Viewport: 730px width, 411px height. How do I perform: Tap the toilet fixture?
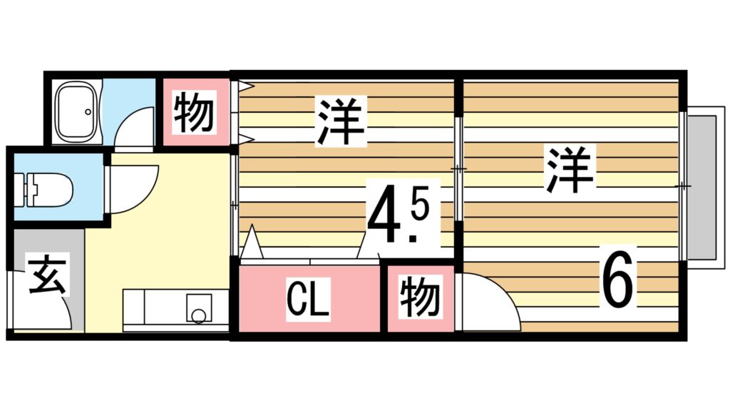coord(50,191)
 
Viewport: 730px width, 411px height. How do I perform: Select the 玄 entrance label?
coord(48,278)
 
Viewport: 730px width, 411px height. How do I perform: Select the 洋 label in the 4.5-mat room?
coord(341,121)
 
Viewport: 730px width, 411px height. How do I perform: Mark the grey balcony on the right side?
coord(704,187)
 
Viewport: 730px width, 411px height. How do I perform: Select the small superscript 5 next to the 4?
coord(419,208)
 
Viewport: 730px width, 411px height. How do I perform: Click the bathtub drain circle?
coord(88,111)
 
